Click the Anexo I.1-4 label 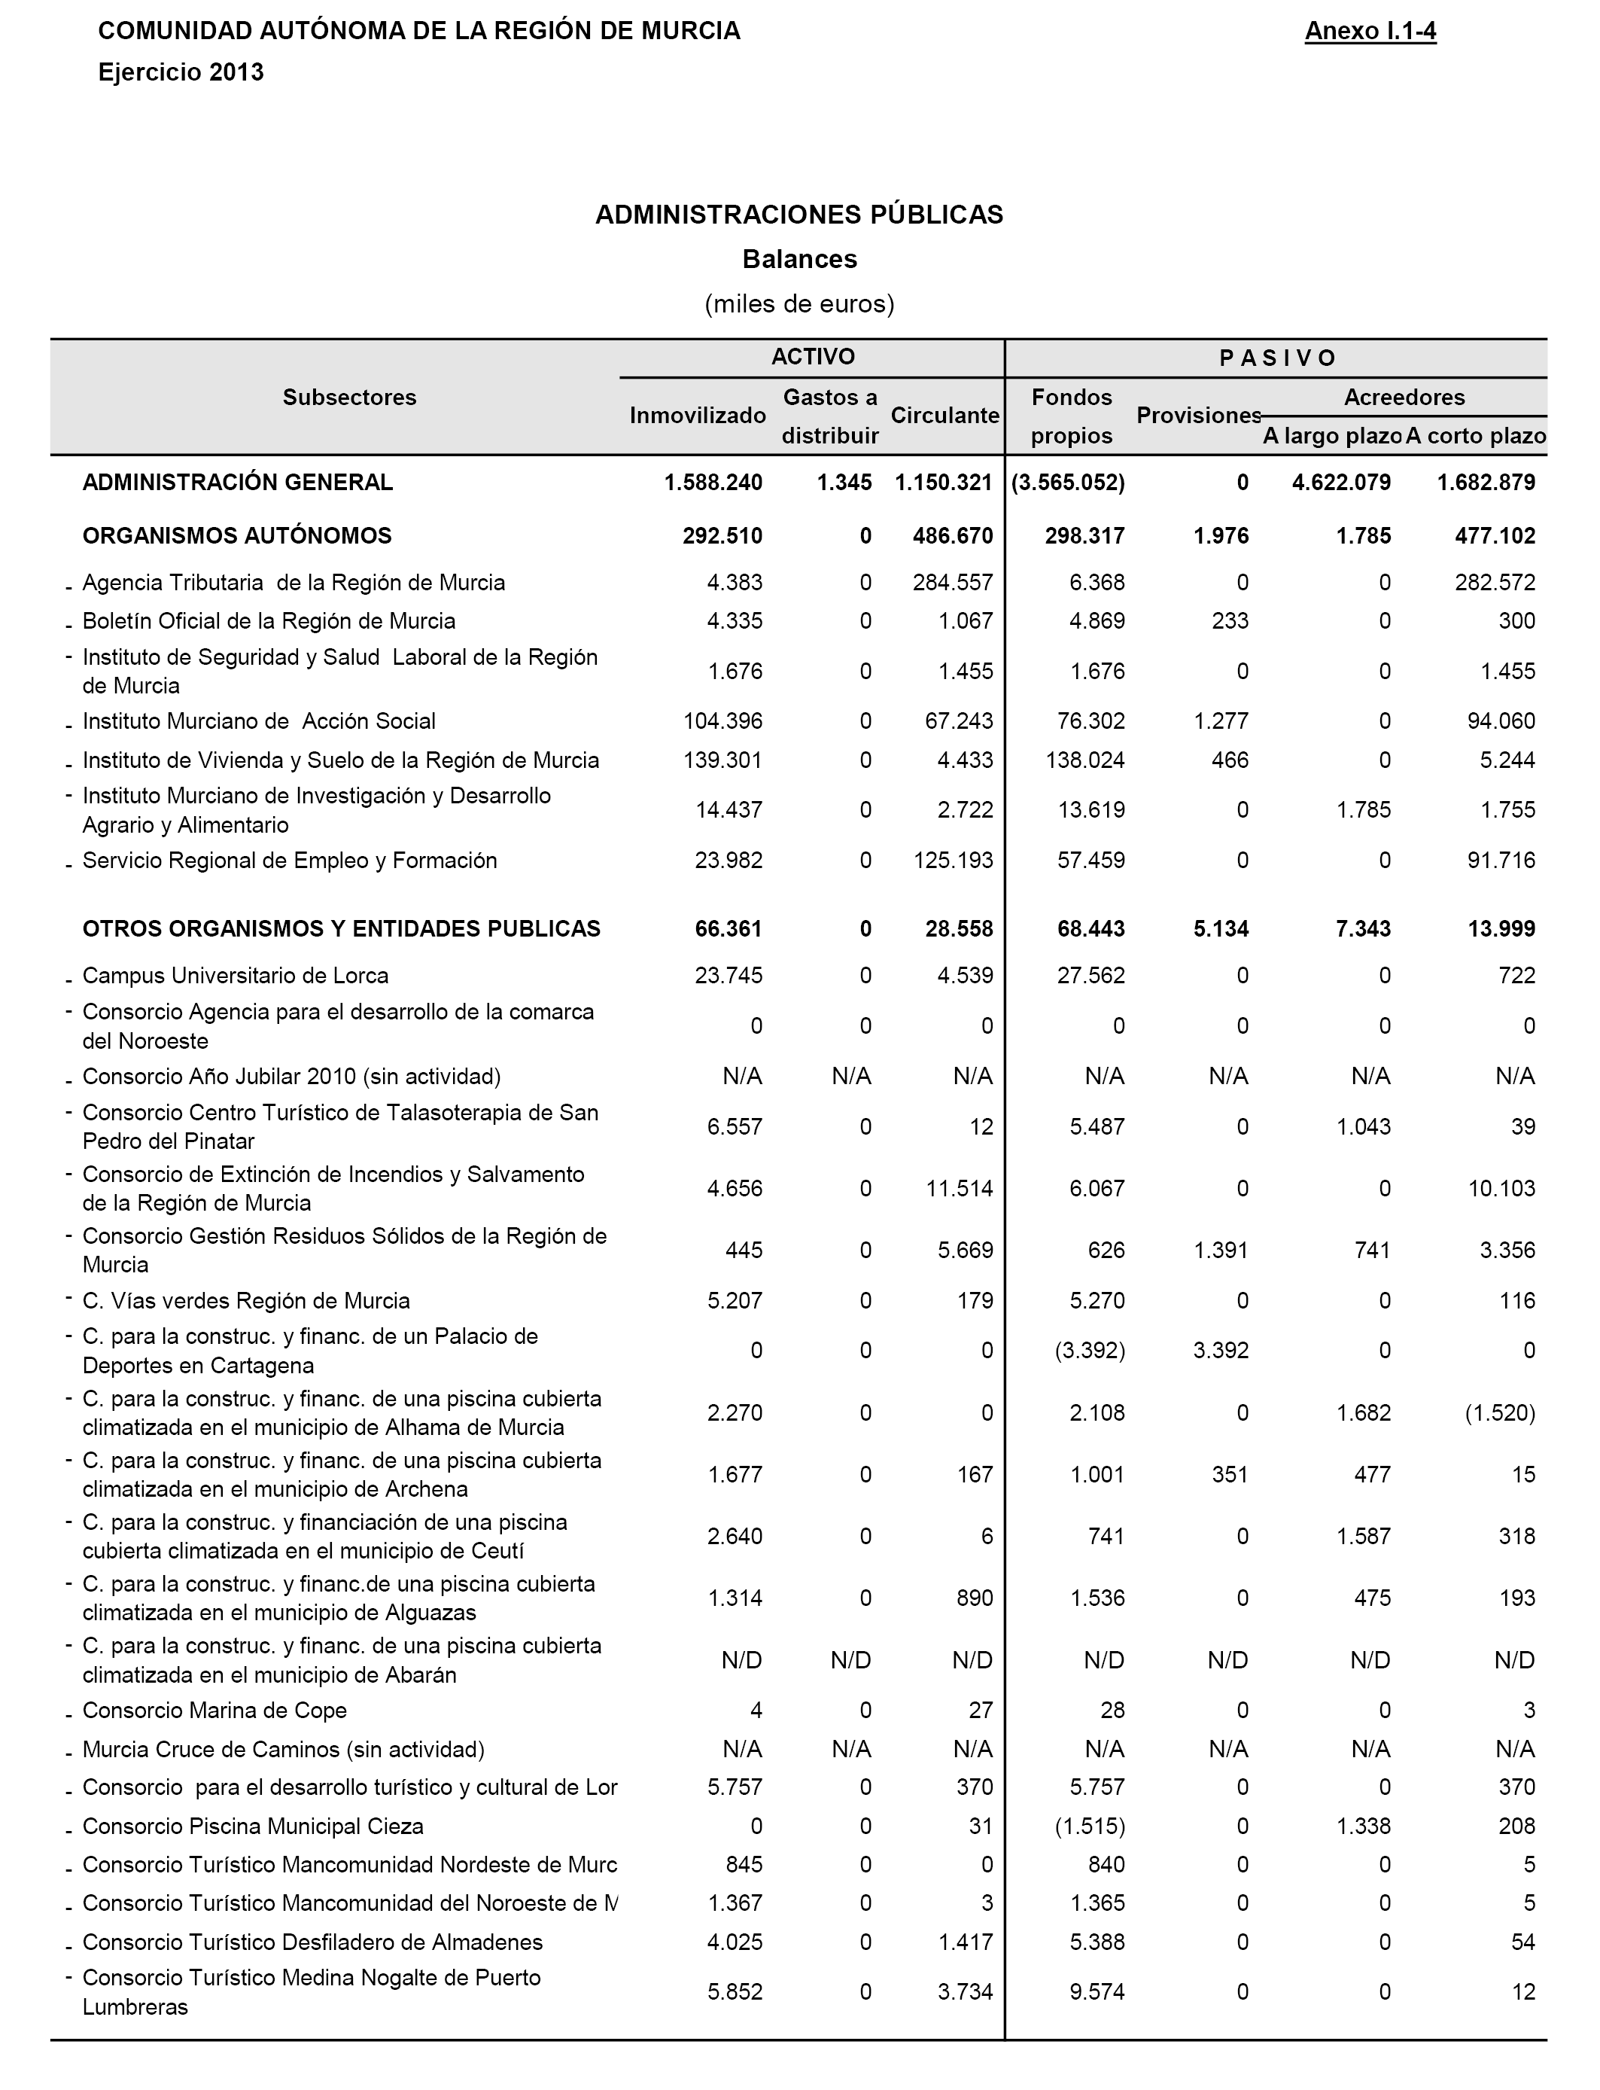click(1370, 32)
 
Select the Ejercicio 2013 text click(181, 72)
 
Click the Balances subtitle click(799, 259)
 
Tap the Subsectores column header click(349, 398)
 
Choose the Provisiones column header click(1198, 416)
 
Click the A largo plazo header click(1331, 436)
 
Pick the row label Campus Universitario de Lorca click(236, 976)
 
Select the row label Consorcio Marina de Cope click(214, 1710)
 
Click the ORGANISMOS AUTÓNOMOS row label click(237, 535)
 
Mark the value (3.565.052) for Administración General click(1068, 482)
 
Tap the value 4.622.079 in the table click(1341, 482)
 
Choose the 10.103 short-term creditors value click(1502, 1188)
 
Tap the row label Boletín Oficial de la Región click(269, 621)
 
